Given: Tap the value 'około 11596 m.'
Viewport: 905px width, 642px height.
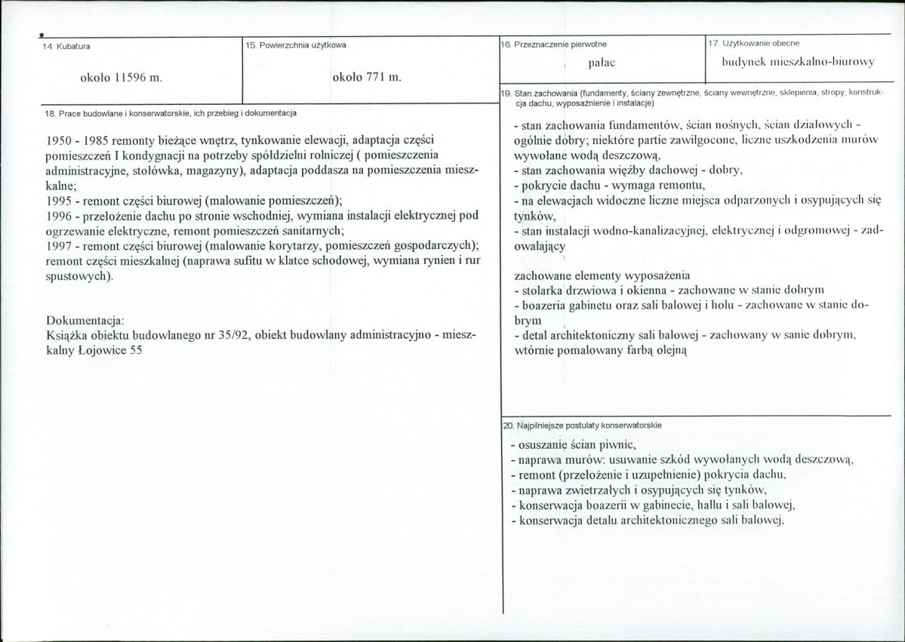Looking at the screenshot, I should click(x=122, y=77).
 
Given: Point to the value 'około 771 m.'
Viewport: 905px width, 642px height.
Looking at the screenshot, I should click(x=367, y=77).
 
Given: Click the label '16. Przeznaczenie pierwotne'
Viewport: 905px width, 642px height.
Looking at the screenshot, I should click(x=554, y=45).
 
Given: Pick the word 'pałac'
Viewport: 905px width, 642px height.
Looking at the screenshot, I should click(x=600, y=66).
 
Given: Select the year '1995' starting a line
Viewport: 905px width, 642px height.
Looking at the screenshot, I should click(x=60, y=200).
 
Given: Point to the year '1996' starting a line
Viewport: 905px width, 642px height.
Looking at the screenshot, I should click(x=60, y=215).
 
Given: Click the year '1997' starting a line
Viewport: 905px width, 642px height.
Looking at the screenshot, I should click(x=60, y=246).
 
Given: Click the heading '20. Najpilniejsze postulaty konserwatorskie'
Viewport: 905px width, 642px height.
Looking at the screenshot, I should click(x=583, y=425).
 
